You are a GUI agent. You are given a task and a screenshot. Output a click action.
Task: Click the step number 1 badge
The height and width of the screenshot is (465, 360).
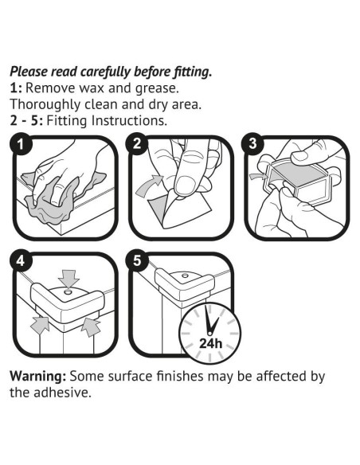pos(20,144)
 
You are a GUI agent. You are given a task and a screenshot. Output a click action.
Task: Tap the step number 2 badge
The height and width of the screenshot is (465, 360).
pos(136,144)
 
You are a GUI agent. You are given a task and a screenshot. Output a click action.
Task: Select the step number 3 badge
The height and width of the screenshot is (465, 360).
pos(252,144)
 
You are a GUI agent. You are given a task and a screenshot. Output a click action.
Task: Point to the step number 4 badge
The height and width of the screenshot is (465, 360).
pos(20,261)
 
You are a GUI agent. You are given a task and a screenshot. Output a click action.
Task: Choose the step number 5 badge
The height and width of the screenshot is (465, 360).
pos(136,261)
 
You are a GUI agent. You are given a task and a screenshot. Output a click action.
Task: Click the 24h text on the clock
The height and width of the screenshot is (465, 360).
pos(210,343)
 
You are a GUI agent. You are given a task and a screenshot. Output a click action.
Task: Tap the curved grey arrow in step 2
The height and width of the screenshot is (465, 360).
pos(149,186)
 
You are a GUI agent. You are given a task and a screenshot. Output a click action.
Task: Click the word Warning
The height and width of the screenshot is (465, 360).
pos(37,376)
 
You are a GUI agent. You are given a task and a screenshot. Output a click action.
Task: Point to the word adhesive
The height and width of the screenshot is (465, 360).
pos(62,393)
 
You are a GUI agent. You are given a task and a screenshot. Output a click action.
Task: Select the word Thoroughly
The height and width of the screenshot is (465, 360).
pos(45,104)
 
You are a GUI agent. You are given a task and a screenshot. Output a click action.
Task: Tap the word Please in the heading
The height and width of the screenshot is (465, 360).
pos(29,72)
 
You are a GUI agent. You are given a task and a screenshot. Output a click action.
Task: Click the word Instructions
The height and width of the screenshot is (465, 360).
pos(129,120)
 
